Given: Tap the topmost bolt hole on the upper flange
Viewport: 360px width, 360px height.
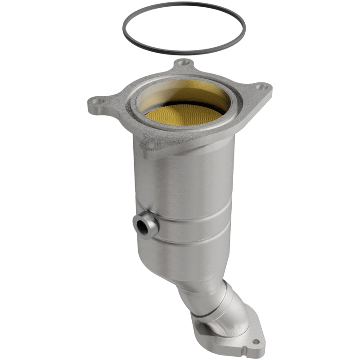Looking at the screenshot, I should (x=182, y=63).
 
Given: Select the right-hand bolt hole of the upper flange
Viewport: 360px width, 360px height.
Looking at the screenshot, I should (x=261, y=87).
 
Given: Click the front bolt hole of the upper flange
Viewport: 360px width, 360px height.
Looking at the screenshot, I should (x=151, y=144).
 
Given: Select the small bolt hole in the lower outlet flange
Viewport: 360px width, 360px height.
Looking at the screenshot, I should (x=256, y=342).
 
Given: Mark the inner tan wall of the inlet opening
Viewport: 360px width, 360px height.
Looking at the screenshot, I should (x=180, y=92).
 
